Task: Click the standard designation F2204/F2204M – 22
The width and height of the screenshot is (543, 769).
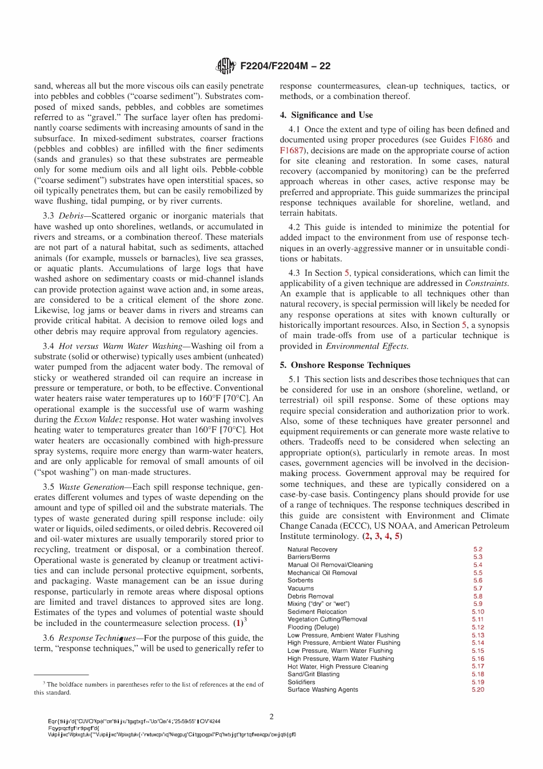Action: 285,66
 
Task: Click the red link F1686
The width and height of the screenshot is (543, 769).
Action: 481,140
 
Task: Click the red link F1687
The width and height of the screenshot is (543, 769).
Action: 291,150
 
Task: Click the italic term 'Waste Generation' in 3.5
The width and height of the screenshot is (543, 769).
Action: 91,487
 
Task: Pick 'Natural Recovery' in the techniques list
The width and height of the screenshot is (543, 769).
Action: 312,549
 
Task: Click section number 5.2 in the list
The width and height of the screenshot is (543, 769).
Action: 478,549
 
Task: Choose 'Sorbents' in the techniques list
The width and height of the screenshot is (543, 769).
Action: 300,580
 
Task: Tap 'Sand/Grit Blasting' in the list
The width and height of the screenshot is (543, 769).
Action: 313,674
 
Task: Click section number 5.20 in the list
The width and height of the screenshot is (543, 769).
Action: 478,689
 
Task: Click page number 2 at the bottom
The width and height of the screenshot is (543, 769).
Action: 271,717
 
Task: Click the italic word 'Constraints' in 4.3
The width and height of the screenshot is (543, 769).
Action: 486,283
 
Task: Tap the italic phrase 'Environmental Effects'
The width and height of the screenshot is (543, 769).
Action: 367,346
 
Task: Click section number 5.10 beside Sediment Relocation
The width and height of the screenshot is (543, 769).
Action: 478,612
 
